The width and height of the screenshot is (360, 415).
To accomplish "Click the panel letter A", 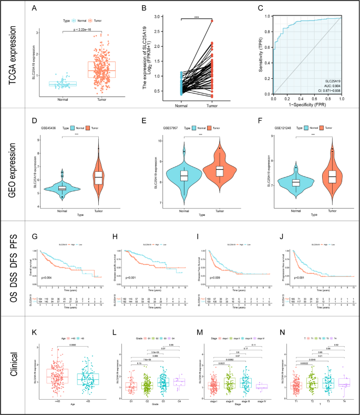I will click(x=34, y=8).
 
